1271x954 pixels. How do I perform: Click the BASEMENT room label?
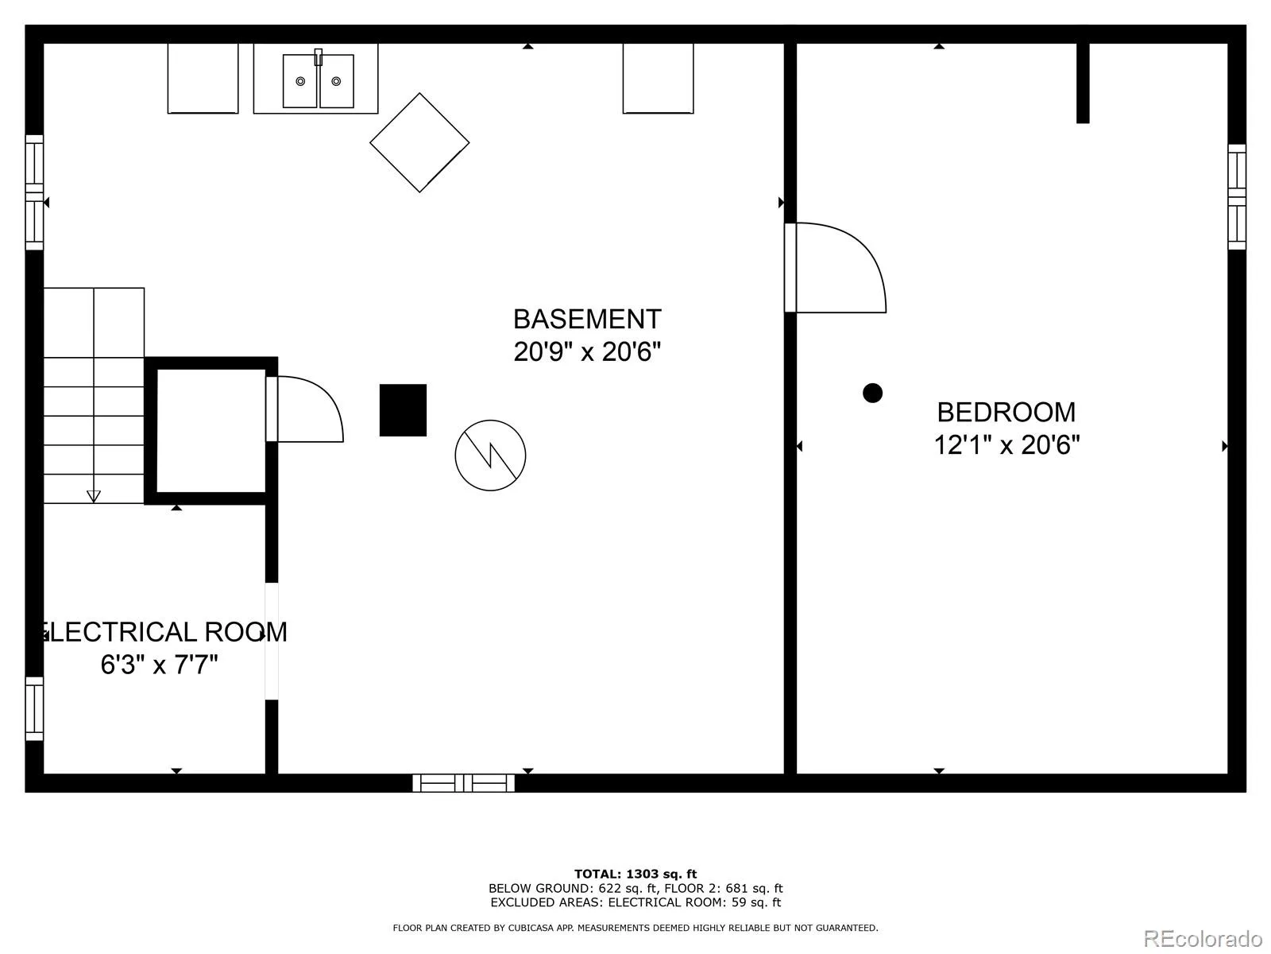tap(587, 319)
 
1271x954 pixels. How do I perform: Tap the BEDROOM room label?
tap(1006, 413)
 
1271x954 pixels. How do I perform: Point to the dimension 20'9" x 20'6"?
tap(587, 351)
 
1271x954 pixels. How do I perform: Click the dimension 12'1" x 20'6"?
tap(1007, 445)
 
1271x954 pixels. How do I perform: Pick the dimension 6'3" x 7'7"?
tap(159, 665)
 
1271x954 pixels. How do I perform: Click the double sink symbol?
tap(318, 80)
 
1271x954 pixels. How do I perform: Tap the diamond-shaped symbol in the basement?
tap(419, 142)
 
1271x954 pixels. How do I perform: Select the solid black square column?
tap(403, 410)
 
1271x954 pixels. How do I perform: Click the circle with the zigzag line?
tap(490, 456)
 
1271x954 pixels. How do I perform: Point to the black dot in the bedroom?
tap(872, 394)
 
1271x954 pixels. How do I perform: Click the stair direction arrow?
tap(94, 496)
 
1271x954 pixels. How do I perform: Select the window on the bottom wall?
tap(463, 783)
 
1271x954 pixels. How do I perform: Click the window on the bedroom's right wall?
tap(1237, 197)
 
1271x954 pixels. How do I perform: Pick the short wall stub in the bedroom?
tap(1083, 83)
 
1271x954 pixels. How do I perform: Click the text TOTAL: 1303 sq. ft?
tap(635, 874)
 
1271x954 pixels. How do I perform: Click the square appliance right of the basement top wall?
tap(659, 78)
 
